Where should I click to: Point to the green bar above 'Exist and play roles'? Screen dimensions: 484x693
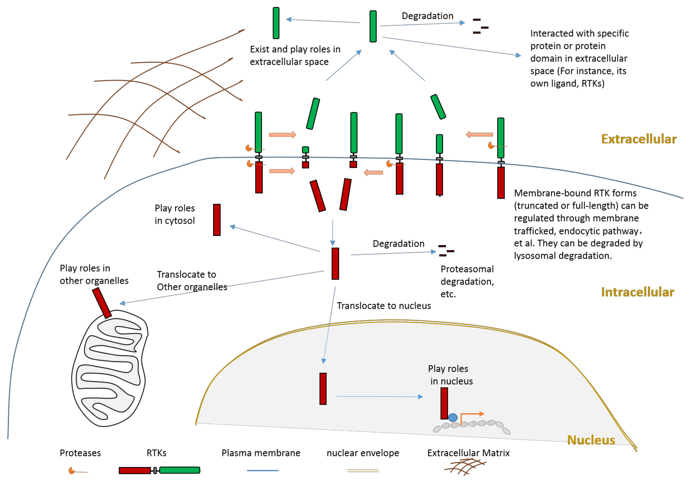(276, 23)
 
